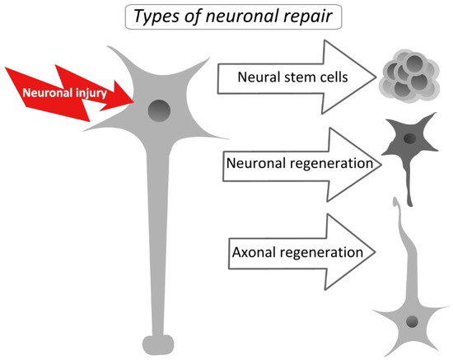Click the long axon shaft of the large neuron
(160, 247)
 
